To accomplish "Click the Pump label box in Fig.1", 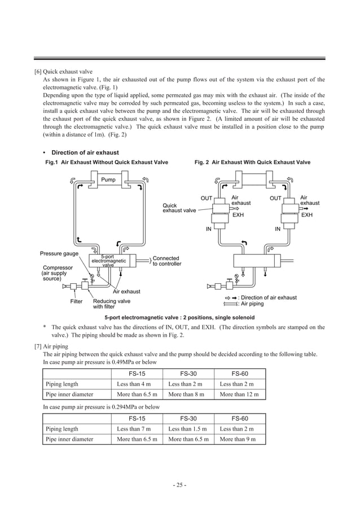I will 108,180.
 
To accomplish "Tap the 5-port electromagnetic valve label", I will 108,261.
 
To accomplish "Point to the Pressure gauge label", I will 59,253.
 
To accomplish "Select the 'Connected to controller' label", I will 166,261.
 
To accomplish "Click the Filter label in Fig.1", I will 76,301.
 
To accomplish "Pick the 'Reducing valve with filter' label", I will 111,304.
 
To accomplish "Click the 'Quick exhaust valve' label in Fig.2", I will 179,208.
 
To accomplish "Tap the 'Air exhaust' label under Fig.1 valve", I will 126,292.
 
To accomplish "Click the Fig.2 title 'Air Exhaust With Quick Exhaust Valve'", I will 252,163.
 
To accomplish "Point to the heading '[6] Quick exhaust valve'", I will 64,72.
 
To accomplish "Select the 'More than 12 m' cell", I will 239,394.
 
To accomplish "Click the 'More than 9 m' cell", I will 238,439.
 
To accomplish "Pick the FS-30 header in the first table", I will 187,374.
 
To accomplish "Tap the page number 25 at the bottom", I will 180,484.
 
